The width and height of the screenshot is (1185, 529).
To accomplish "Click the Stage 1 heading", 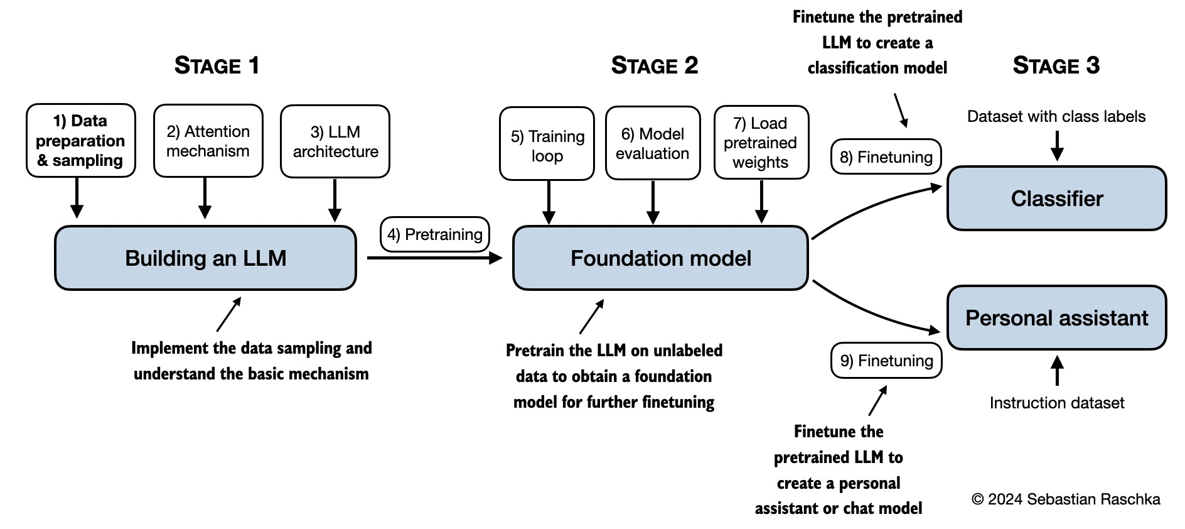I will (217, 66).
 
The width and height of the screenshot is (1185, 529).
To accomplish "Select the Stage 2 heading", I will (654, 66).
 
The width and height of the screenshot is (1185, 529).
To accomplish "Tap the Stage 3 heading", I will (1056, 66).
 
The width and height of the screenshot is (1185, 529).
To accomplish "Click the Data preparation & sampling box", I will (80, 141).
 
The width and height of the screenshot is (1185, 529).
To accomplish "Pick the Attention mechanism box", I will (208, 141).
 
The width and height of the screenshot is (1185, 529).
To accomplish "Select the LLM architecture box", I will (335, 141).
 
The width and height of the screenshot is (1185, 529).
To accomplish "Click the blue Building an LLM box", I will (205, 258).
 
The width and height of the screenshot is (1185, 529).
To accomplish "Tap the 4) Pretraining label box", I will (434, 234).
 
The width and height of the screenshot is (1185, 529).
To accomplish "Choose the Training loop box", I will (547, 144).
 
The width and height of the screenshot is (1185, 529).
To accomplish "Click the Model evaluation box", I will (653, 143).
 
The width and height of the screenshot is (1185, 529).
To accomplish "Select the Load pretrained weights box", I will (761, 143).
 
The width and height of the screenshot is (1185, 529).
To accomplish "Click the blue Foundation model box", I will (660, 258).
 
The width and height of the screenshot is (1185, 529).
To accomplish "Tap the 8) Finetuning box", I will (886, 157).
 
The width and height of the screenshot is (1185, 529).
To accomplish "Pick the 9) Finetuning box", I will (886, 361).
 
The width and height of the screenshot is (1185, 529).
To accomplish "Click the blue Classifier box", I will (1056, 199).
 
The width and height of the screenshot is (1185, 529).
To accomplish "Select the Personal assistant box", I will (1056, 318).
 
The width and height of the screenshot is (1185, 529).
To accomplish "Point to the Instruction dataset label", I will (1056, 403).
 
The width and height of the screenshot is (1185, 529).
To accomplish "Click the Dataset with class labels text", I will (1056, 116).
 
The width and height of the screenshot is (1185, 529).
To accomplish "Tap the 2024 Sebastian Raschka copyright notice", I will (1065, 499).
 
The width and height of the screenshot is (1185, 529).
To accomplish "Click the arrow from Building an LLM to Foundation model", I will (433, 258).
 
